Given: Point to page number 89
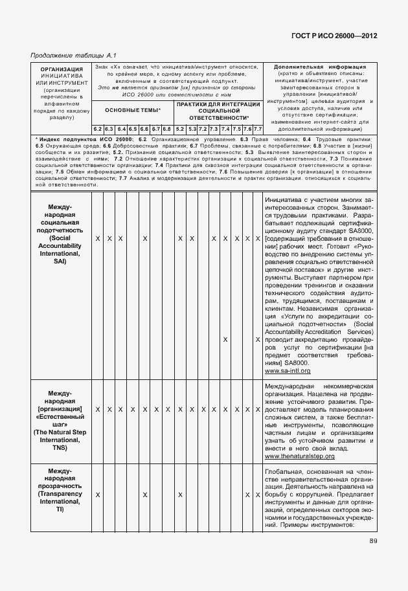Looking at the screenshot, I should point(374,542).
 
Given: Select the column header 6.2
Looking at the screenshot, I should point(97,129).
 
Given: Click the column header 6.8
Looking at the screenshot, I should point(167,129).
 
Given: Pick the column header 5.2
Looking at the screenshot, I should point(180,129).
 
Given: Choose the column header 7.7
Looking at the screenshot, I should point(258,129).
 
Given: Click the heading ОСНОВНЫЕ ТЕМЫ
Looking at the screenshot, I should point(132,110).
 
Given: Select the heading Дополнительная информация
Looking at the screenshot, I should point(320,67).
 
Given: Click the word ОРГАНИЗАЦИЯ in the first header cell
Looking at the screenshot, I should point(61,69).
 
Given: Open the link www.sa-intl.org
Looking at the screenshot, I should point(288,371).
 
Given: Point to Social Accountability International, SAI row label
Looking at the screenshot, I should point(61,238).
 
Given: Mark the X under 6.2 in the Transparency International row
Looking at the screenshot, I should point(97,495).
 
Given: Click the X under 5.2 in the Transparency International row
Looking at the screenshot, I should point(180,495).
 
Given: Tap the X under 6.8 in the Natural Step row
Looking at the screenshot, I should point(167,410).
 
